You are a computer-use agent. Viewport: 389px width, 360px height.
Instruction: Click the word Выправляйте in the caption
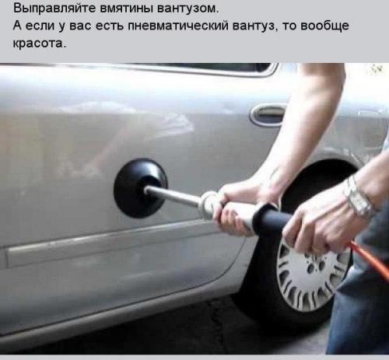click(x=49, y=9)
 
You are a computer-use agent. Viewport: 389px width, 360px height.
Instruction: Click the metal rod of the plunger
click(x=173, y=196)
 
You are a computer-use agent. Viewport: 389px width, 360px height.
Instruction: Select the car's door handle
click(x=268, y=114)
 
